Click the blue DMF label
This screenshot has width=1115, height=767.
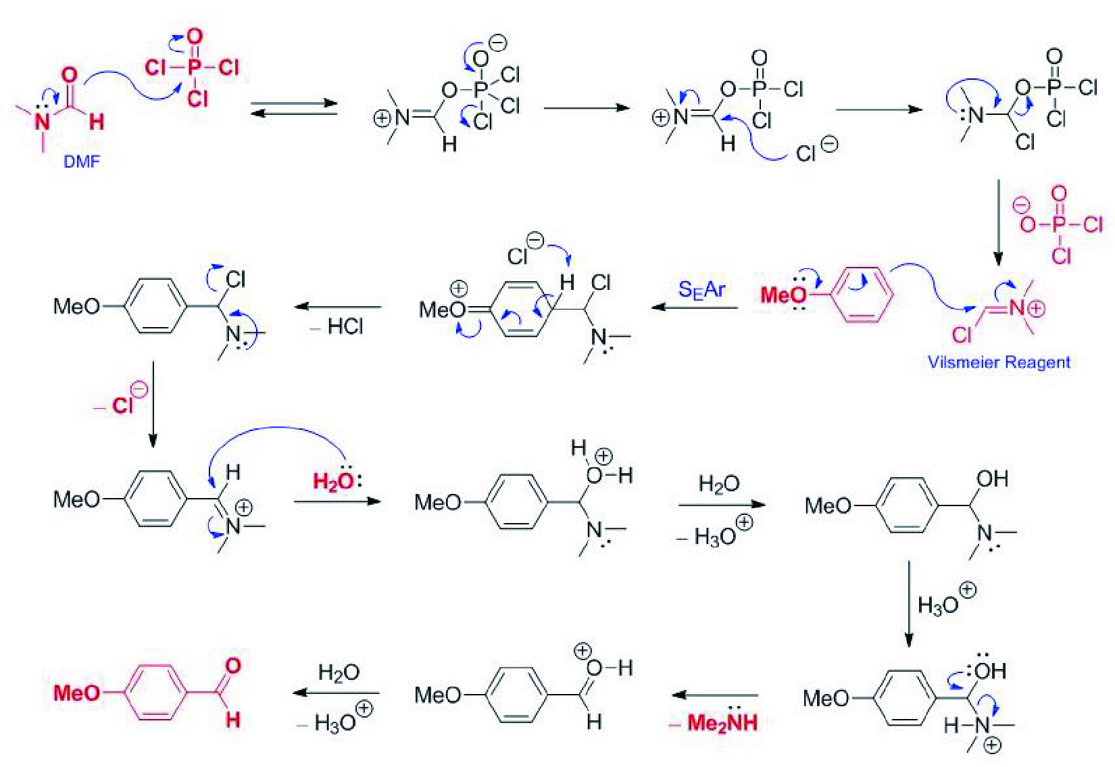[x=81, y=162]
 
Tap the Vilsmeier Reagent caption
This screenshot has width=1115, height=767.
[x=999, y=362]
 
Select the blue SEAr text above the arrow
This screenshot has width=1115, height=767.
[x=701, y=290]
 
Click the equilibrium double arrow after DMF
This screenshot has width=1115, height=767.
[x=294, y=108]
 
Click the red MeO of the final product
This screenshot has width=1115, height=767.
[x=76, y=693]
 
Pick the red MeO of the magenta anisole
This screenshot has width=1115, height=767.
[x=783, y=295]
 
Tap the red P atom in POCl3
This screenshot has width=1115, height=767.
[x=195, y=67]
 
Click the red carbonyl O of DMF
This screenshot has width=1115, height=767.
[x=70, y=75]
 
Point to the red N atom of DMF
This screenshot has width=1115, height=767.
[x=43, y=122]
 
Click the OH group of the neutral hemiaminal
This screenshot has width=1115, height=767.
[x=992, y=479]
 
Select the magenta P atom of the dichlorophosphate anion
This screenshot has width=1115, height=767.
[x=1059, y=224]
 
